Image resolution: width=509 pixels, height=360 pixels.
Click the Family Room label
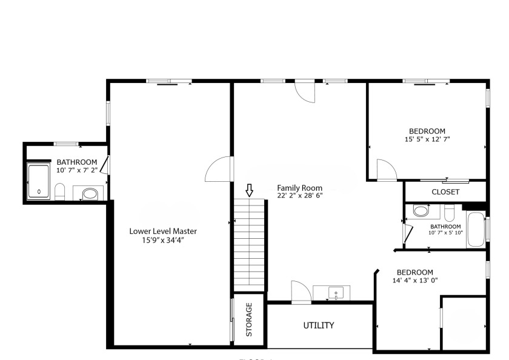pos(299,188)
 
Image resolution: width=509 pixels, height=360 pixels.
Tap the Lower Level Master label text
pos(162,231)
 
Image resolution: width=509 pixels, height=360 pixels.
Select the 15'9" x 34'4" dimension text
pos(162,240)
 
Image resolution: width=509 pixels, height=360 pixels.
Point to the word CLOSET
pos(445,192)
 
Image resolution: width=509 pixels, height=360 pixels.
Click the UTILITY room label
pos(319,325)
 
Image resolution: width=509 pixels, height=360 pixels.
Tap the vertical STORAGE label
pos(248,319)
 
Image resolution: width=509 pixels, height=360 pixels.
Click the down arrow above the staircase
pos(249,191)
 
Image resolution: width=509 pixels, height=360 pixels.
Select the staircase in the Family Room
pos(250,245)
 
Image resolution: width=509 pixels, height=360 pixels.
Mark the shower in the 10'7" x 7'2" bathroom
pos(39,181)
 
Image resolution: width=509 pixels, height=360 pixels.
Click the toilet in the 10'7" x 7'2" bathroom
pos(60,193)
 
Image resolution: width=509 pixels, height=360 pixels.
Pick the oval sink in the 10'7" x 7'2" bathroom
pos(89,194)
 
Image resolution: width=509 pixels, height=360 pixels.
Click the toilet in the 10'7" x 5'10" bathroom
pos(449,213)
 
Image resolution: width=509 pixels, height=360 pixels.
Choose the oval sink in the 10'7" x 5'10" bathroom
pos(419,212)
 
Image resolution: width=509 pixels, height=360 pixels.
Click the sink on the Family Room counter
pos(336,293)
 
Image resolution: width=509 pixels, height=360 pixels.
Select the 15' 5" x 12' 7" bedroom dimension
pos(427,139)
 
